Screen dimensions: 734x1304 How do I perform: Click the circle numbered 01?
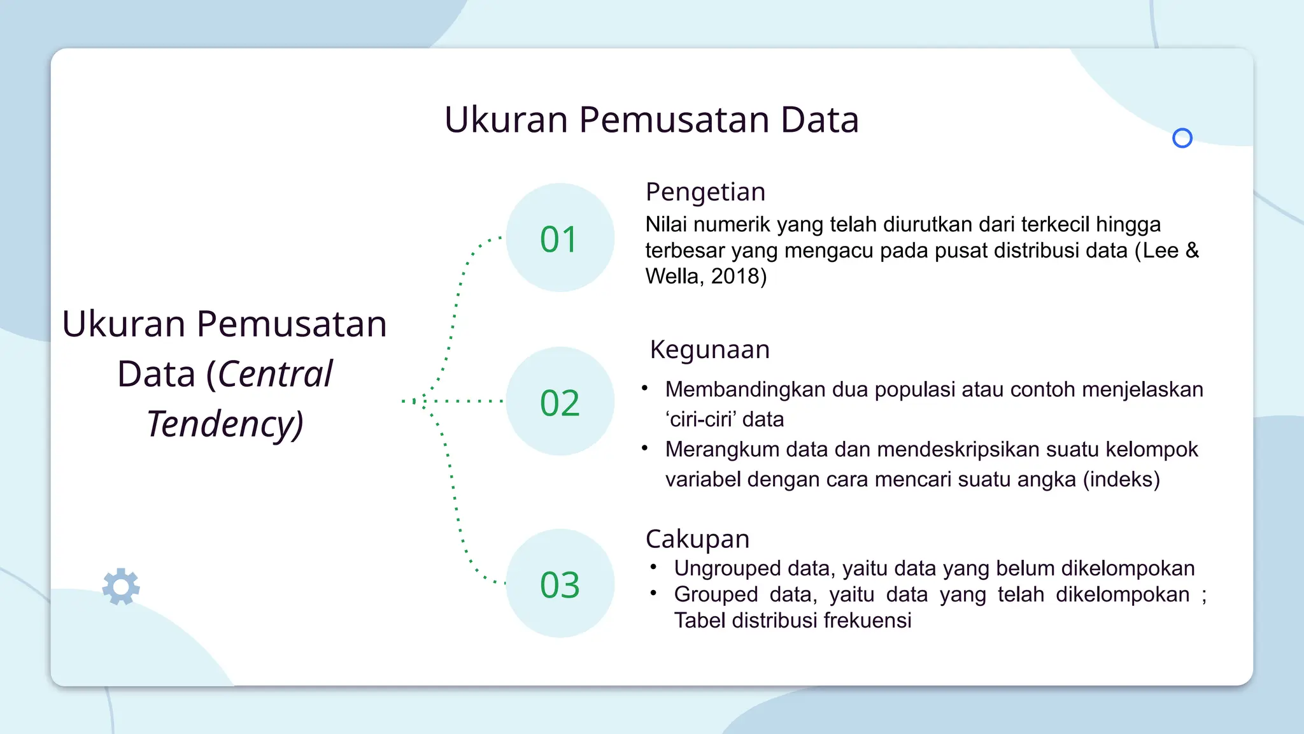(x=560, y=238)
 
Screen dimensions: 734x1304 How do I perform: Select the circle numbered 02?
(x=560, y=401)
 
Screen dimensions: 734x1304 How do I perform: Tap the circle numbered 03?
(x=560, y=584)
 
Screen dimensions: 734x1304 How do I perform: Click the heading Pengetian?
(x=705, y=192)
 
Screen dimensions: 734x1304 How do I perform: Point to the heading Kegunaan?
(x=709, y=350)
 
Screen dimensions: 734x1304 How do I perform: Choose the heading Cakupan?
(x=697, y=539)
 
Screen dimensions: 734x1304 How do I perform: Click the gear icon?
(x=121, y=586)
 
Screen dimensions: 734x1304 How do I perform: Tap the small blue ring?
(x=1182, y=138)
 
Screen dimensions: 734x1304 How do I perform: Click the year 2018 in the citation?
(x=739, y=277)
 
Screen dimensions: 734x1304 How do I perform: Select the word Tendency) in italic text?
(x=225, y=424)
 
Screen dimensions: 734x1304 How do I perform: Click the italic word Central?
(x=275, y=374)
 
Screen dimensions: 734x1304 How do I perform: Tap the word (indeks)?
(x=1121, y=479)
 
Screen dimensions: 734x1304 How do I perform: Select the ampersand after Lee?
(x=1192, y=250)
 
